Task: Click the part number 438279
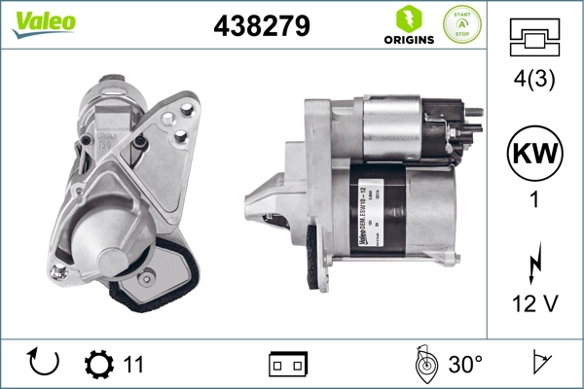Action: click(x=261, y=26)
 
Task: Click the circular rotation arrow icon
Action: click(x=45, y=364)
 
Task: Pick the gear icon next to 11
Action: click(x=99, y=365)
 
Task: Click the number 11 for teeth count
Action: click(x=133, y=365)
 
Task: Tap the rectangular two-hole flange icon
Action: click(x=288, y=365)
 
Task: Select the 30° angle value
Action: click(x=464, y=365)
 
